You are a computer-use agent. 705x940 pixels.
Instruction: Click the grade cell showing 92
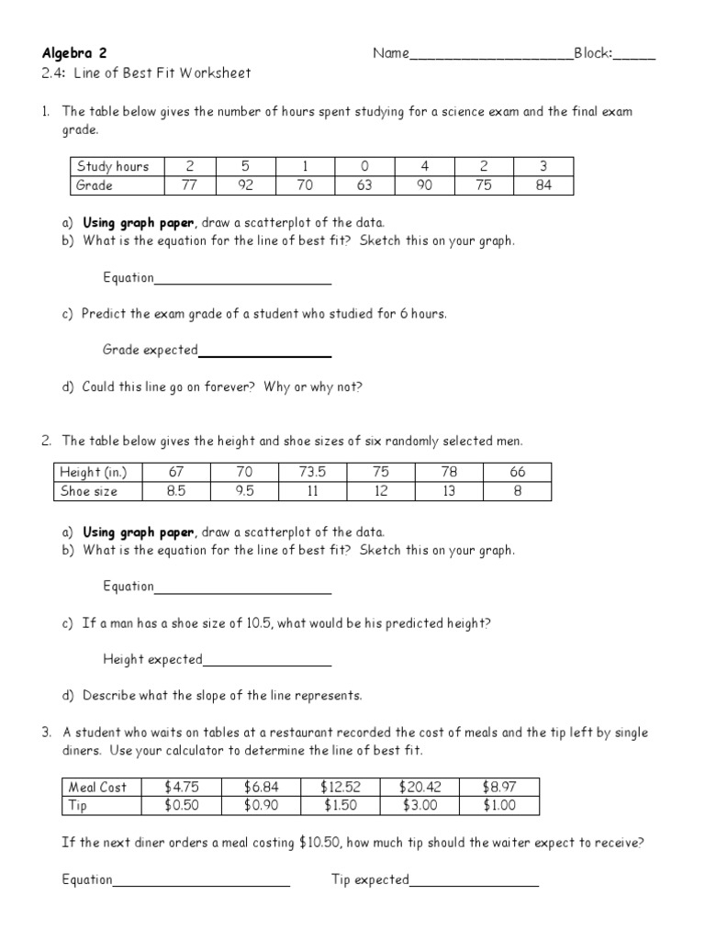click(245, 185)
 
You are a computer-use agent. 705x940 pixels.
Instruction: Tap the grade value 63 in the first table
click(364, 185)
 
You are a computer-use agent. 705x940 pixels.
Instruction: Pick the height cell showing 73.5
click(312, 472)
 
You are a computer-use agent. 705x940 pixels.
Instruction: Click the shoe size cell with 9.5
click(244, 491)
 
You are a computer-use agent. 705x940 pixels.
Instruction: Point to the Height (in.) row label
click(93, 472)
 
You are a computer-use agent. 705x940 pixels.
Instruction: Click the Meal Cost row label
click(98, 787)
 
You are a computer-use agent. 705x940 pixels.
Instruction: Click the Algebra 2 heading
click(80, 53)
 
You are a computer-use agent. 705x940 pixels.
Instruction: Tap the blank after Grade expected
click(264, 353)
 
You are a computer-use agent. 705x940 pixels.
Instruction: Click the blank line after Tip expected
click(474, 884)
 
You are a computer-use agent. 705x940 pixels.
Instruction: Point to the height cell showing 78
click(449, 472)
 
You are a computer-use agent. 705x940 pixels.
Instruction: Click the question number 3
click(46, 732)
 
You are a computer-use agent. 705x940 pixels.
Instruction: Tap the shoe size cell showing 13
click(449, 491)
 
